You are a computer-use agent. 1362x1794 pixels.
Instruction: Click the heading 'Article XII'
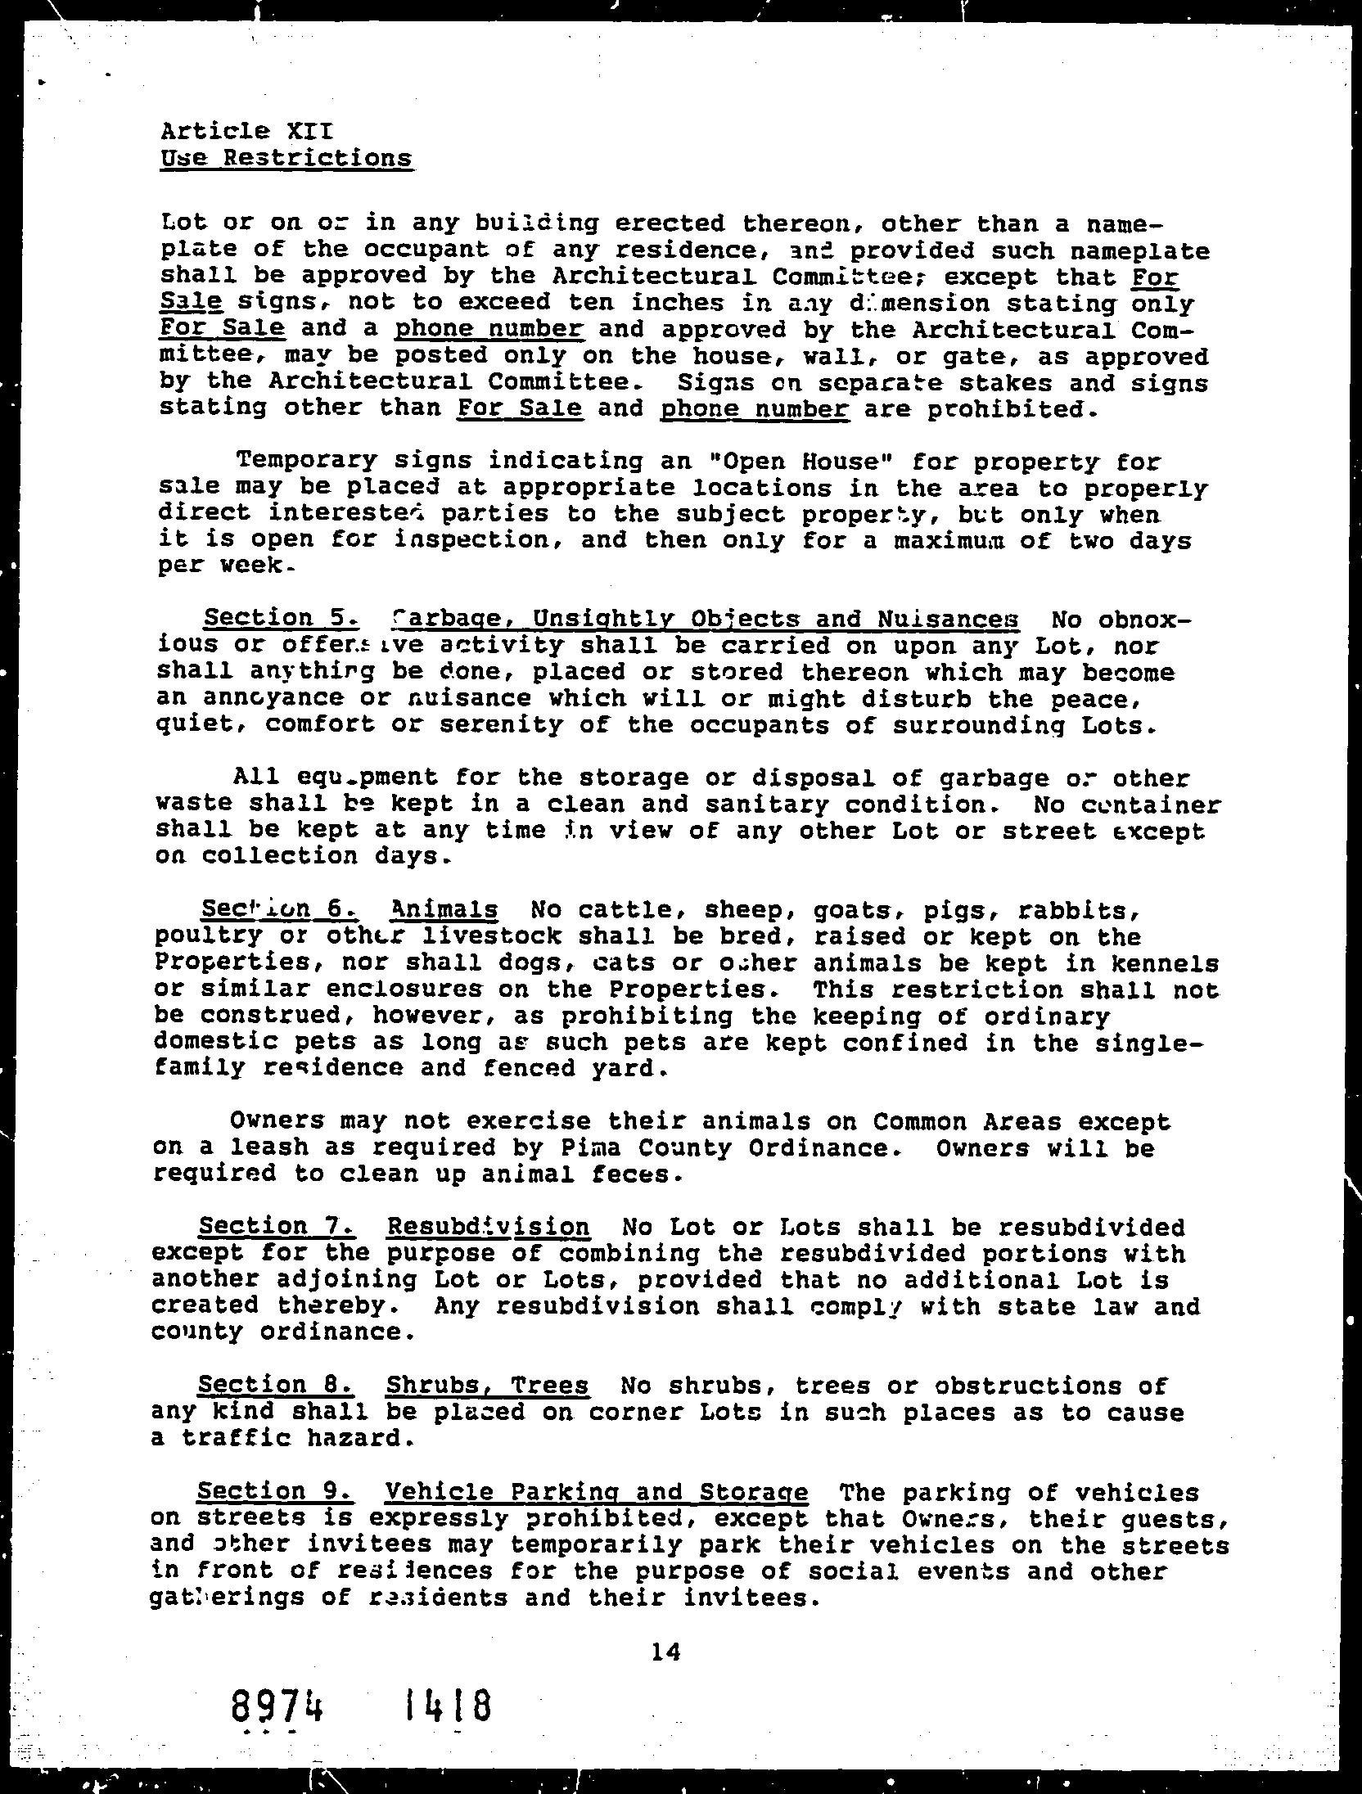(x=246, y=131)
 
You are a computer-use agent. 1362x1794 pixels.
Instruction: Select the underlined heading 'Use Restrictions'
(x=286, y=157)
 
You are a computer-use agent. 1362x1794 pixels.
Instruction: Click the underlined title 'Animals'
(x=444, y=909)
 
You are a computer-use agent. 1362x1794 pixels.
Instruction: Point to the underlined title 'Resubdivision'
(x=488, y=1226)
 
